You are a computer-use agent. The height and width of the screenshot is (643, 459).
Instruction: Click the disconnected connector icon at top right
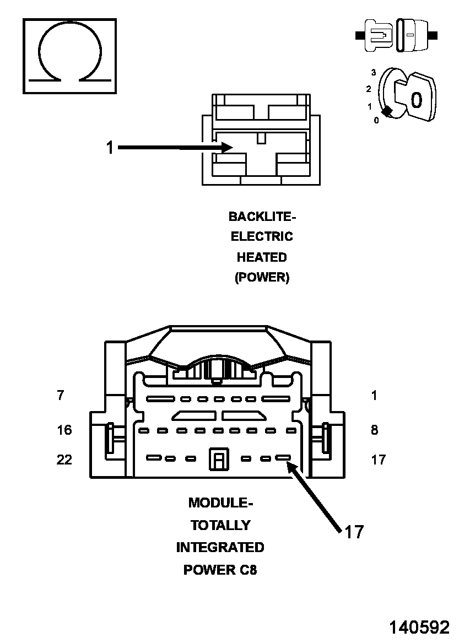click(x=397, y=35)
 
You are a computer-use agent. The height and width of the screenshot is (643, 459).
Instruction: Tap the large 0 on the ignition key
click(x=417, y=100)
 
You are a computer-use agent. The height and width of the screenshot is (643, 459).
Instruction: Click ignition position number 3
click(x=374, y=72)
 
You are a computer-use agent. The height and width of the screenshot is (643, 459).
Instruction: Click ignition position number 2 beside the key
click(x=369, y=89)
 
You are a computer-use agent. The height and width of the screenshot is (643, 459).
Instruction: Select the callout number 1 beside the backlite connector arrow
click(x=110, y=148)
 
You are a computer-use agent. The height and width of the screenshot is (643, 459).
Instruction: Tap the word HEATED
click(x=262, y=257)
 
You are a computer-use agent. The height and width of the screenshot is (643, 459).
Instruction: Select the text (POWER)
click(x=262, y=278)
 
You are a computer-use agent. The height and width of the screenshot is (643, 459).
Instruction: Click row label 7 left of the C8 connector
click(x=60, y=396)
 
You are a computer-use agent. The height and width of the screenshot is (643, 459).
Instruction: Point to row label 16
click(x=64, y=430)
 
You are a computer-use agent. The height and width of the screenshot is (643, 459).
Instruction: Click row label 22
click(x=64, y=459)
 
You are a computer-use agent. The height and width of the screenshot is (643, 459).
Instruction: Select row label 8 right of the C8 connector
click(x=374, y=430)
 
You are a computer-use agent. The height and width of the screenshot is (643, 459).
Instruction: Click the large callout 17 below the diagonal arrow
click(x=354, y=532)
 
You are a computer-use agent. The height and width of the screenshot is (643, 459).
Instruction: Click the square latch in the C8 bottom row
click(x=218, y=459)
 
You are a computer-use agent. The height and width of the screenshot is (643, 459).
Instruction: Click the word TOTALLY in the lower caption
click(x=220, y=525)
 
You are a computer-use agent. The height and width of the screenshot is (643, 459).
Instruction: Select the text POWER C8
click(x=220, y=570)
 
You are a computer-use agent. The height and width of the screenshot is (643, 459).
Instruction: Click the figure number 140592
click(x=419, y=628)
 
